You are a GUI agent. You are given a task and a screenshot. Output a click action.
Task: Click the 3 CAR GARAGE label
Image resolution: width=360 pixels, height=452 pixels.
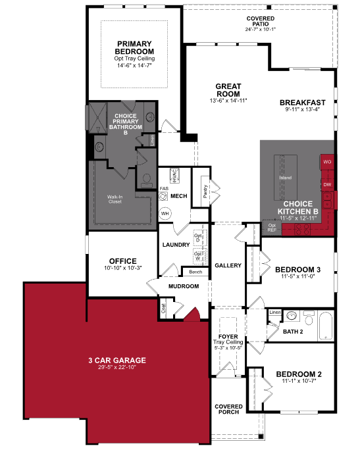tap(116, 360)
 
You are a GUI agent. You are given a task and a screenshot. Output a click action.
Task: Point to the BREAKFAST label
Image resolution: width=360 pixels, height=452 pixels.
tap(303, 103)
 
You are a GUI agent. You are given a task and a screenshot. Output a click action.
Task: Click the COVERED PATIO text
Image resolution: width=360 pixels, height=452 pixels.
tap(261, 22)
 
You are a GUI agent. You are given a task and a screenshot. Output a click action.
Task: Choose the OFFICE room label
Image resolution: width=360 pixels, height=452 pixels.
tap(123, 261)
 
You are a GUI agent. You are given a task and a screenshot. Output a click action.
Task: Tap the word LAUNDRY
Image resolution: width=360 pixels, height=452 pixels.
tap(176, 245)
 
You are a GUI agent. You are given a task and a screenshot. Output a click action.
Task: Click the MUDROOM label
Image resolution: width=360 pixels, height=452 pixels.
tap(183, 286)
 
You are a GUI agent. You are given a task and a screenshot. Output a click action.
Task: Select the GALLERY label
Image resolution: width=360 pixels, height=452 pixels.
tap(228, 266)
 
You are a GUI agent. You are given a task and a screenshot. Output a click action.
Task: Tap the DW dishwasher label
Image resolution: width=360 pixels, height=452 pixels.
tap(326, 185)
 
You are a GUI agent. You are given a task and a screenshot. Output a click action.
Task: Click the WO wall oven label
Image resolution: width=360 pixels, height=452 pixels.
tap(326, 161)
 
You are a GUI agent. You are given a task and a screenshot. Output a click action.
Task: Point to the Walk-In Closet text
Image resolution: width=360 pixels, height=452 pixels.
tap(115, 199)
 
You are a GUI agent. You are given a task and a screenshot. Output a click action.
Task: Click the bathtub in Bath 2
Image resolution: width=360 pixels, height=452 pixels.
tap(325, 324)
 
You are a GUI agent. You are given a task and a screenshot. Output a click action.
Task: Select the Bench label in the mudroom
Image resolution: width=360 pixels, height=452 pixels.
tap(195, 272)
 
